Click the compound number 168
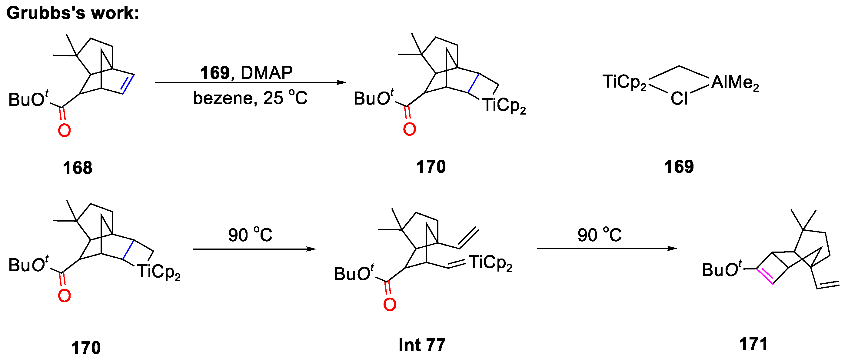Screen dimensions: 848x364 point(77,168)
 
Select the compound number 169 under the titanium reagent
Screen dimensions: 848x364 point(679,167)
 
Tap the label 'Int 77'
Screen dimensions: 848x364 point(422,345)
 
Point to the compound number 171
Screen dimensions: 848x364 point(753,344)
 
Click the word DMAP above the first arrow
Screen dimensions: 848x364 point(266,72)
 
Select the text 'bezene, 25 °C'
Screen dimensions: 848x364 point(250,98)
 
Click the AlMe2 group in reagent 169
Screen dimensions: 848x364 point(735,83)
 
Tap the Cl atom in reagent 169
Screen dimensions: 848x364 point(679,99)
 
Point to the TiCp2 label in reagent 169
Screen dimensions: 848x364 point(624,82)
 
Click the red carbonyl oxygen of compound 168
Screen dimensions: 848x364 point(64,131)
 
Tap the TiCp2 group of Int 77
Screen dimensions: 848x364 point(491,263)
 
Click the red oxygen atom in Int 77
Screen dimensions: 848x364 point(389,305)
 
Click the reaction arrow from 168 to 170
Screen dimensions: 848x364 point(250,82)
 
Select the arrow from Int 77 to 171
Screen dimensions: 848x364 point(607,249)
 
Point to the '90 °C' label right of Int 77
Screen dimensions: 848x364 point(600,235)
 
